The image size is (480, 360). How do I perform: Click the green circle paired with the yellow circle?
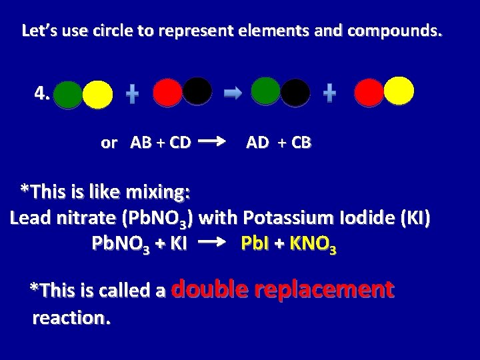coord(68,95)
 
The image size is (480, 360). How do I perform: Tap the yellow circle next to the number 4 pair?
coord(98,95)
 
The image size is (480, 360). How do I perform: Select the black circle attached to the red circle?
coord(197,91)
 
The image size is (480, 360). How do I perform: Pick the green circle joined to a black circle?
coord(266,92)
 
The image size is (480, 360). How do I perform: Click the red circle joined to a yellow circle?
coord(369,93)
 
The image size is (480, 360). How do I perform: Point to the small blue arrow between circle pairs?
coord(233,95)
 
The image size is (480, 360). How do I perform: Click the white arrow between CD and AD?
coord(211,141)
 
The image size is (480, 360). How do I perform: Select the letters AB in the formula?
coord(141,142)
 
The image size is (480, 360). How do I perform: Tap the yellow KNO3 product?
coord(313,245)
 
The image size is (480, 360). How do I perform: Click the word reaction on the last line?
coord(71,318)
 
